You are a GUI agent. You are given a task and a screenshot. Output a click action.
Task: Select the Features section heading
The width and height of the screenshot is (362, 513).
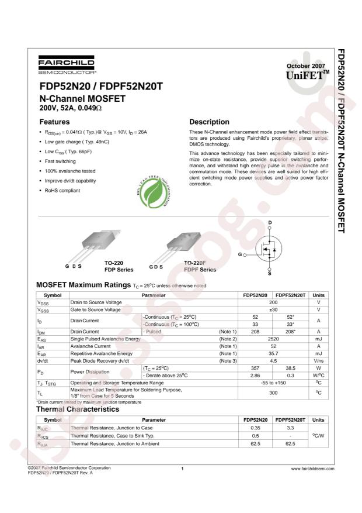pos(54,122)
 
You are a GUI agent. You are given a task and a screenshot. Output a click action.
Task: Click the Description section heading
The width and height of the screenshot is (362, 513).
pos(209,122)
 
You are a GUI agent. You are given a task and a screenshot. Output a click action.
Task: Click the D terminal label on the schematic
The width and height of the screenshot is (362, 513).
pos(270,222)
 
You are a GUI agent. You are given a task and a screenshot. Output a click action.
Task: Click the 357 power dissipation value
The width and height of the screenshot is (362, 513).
pos(255,367)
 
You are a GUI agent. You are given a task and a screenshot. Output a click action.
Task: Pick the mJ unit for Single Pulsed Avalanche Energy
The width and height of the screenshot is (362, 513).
pos(318,339)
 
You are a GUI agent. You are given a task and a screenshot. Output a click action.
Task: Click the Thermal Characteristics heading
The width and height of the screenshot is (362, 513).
pos(78,409)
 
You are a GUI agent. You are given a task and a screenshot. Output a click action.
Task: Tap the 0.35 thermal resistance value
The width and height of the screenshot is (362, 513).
pos(255,428)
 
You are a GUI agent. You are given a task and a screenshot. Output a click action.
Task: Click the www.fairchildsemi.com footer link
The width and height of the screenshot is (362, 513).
pos(312,469)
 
